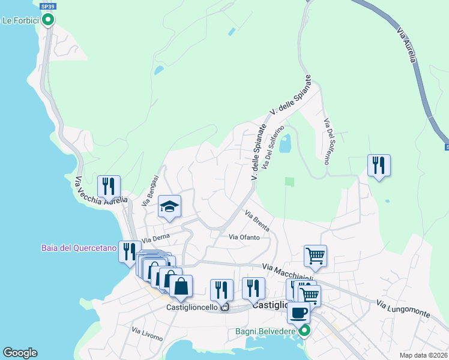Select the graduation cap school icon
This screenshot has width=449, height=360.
(x=170, y=207)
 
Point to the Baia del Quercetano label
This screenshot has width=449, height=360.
(x=79, y=247)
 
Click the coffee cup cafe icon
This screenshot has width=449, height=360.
(x=298, y=311)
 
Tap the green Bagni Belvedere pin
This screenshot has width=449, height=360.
(x=305, y=330)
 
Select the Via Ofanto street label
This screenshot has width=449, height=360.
(x=244, y=237)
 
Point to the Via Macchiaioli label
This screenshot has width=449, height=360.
(x=289, y=271)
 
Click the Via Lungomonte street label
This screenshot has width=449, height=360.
(x=403, y=309)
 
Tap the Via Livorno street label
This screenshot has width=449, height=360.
(x=147, y=334)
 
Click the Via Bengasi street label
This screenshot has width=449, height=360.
(x=150, y=191)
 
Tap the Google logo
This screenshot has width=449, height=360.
(x=20, y=353)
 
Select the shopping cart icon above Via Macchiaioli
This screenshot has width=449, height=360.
(x=315, y=255)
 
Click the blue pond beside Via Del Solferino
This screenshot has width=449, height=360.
(x=285, y=144)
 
